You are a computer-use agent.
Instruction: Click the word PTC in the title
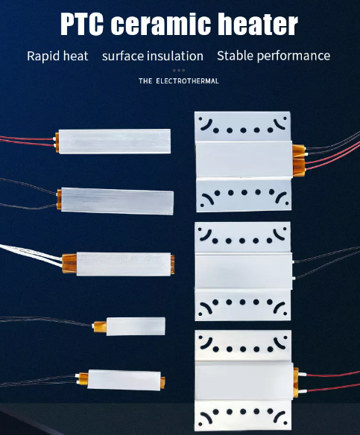tap(82, 24)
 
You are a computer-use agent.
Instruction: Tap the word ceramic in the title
tap(161, 24)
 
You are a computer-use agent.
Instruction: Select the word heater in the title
tap(258, 24)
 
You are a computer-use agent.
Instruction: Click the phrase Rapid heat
tap(57, 56)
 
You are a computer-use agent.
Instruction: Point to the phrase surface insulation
tap(153, 56)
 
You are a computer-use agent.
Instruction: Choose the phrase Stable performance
tap(274, 56)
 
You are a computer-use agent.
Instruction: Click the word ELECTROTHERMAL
tap(187, 81)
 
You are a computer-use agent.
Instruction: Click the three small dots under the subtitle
tap(179, 71)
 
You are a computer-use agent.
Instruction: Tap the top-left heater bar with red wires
tap(115, 142)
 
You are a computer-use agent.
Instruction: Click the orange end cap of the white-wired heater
tap(69, 264)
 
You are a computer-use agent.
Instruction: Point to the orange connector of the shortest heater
tap(100, 327)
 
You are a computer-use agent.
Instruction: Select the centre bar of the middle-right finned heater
tap(244, 271)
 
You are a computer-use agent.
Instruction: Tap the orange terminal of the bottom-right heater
tap(296, 383)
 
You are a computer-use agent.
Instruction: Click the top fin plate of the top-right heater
tap(242, 127)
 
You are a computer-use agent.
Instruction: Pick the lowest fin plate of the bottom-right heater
tap(244, 415)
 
